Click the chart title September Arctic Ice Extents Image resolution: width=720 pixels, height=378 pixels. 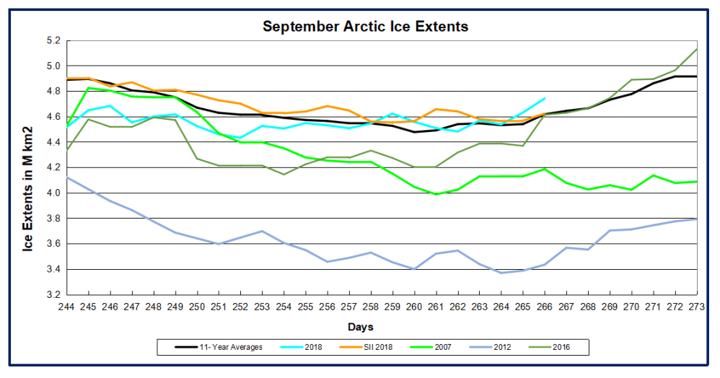[365, 27]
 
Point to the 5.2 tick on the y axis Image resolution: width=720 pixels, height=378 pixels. [54, 40]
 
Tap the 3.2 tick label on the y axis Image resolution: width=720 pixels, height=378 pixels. [54, 294]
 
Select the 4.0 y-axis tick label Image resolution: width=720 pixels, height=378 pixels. [54, 193]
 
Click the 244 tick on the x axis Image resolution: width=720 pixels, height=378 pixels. [66, 307]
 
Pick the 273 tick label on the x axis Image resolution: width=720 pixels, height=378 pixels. [697, 307]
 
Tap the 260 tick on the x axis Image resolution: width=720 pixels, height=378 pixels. [414, 307]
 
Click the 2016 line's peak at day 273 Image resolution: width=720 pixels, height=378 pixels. [697, 49]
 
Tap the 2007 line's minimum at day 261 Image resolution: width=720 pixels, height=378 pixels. [436, 194]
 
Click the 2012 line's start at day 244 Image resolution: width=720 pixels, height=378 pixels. [66, 177]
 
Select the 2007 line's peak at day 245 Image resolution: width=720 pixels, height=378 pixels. [88, 88]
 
